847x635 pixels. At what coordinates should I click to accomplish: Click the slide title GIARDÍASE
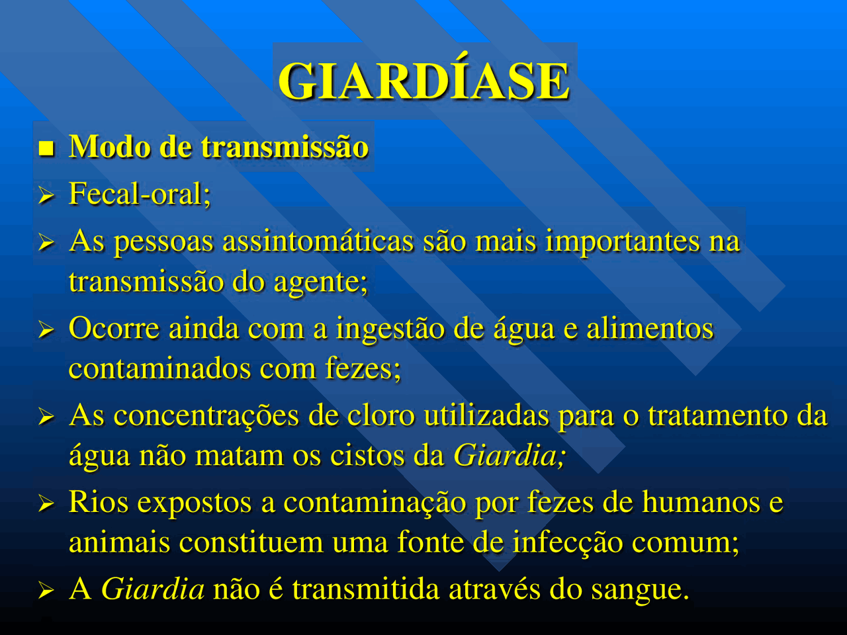point(423,80)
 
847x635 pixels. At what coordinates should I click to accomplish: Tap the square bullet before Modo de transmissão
point(46,148)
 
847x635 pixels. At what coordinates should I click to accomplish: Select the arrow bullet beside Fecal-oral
point(46,196)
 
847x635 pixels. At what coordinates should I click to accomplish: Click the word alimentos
point(650,329)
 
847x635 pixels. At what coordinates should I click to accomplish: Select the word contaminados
point(159,368)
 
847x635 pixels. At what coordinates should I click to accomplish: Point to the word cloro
point(381,415)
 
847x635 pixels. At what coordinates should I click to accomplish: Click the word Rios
point(99,502)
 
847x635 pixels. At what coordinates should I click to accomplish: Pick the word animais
point(119,542)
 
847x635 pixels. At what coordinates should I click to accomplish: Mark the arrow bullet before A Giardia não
point(46,591)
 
